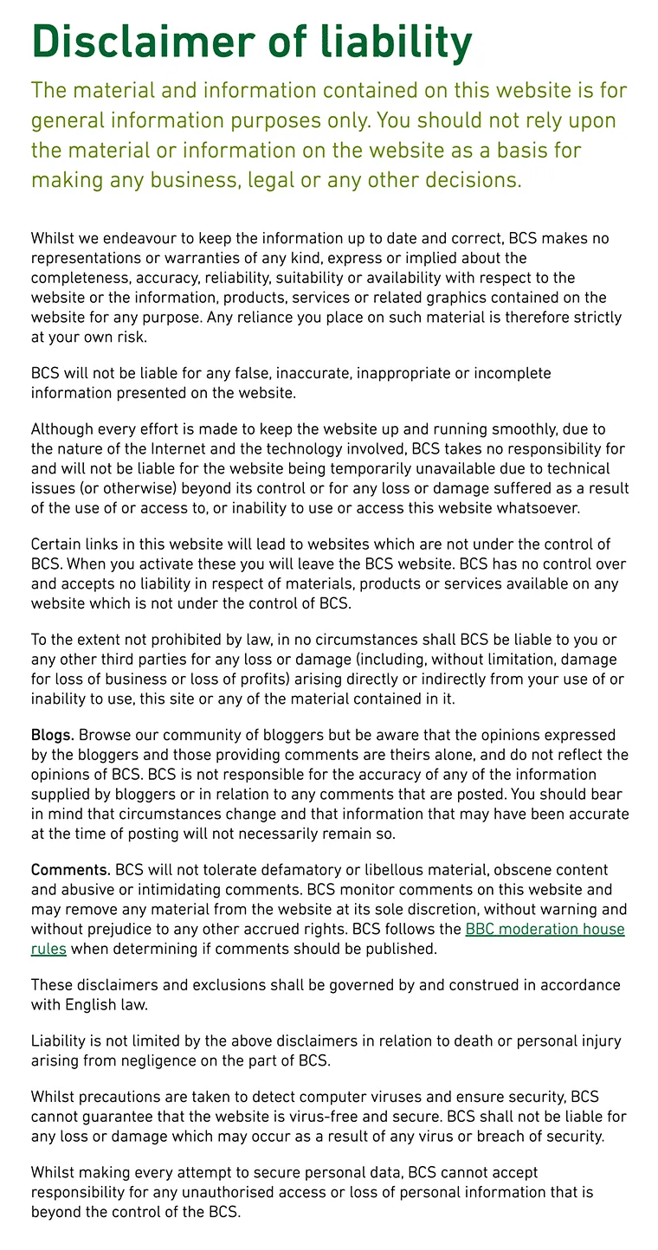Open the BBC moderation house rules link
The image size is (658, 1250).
pyautogui.click(x=545, y=930)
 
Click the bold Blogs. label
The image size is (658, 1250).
pyautogui.click(x=53, y=735)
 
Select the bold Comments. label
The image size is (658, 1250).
pyautogui.click(x=71, y=870)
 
